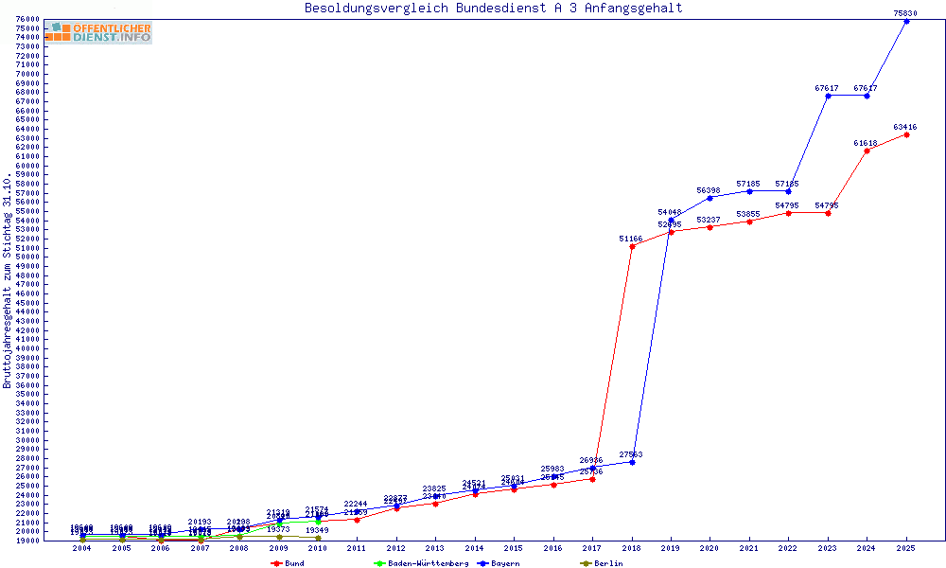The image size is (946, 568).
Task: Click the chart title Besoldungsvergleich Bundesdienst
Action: tap(493, 9)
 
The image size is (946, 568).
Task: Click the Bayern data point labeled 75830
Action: tap(906, 21)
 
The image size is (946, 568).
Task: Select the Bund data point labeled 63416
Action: tap(906, 134)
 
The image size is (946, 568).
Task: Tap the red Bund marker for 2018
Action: tap(632, 246)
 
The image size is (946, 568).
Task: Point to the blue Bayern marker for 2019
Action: tap(671, 220)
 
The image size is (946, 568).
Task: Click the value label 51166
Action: tap(630, 239)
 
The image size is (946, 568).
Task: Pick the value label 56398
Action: tap(709, 190)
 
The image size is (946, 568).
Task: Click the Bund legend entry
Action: tap(288, 563)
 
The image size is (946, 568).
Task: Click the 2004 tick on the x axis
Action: tap(83, 548)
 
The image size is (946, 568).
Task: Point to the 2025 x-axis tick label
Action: tap(906, 548)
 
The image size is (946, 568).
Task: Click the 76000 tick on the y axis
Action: tap(27, 19)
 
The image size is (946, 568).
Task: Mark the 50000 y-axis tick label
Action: tap(27, 257)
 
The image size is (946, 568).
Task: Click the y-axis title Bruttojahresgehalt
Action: tap(8, 280)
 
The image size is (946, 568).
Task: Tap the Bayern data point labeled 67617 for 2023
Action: tap(828, 96)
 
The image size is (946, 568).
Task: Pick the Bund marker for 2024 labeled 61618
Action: tap(867, 151)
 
